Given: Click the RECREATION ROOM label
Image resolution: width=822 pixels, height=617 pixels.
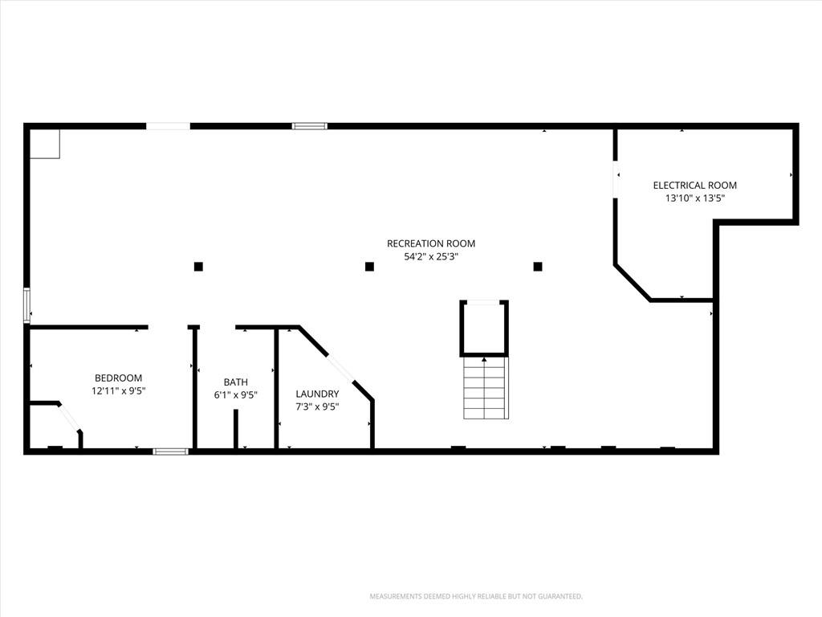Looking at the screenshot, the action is (431, 243).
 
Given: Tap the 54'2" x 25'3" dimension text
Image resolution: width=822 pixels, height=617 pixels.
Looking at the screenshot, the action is (431, 256).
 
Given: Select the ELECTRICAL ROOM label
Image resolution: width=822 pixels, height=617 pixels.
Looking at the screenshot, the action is (694, 186).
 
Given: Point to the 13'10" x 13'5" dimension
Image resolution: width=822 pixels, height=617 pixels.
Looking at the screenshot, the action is (694, 198).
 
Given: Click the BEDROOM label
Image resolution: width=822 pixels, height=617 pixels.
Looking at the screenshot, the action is (119, 378).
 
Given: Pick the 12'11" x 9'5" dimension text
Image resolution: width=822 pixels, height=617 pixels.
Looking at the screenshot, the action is (119, 391).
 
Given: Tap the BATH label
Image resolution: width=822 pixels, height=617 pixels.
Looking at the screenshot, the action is (236, 382).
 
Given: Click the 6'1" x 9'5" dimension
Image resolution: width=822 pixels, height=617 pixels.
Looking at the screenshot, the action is (236, 395).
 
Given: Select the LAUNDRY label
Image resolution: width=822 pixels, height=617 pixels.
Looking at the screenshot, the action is (317, 394).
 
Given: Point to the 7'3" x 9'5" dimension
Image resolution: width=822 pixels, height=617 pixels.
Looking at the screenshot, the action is (317, 407).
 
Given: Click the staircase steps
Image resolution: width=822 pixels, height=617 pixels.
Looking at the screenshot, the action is (486, 388).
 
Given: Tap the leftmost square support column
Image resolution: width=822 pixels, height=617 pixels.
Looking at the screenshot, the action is (198, 267).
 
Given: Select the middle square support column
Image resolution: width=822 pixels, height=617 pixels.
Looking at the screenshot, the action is (369, 267).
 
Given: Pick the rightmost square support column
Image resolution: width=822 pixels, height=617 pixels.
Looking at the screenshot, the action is (538, 267).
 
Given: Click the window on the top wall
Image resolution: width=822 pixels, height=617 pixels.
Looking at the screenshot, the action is (309, 126).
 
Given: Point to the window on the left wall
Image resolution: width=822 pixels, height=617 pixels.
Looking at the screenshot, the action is (26, 304).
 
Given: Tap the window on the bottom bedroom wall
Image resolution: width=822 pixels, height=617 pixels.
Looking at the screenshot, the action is (170, 452).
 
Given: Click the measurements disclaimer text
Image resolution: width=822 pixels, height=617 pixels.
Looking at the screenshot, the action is (476, 597).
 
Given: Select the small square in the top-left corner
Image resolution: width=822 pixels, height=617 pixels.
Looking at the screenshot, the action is (44, 144).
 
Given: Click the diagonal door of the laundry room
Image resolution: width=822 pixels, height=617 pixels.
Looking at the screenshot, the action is (340, 369).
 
